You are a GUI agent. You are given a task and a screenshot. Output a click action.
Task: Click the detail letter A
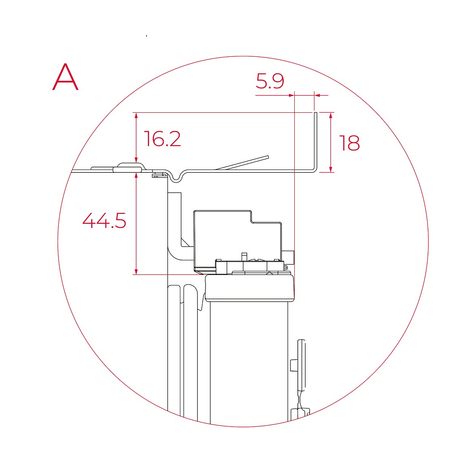pyautogui.click(x=65, y=77)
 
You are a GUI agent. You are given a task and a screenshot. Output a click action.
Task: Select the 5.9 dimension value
pyautogui.click(x=270, y=81)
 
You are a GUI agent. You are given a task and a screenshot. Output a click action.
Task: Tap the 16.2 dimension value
pyautogui.click(x=163, y=139)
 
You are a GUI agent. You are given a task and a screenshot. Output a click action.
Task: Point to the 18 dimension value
pyautogui.click(x=350, y=143)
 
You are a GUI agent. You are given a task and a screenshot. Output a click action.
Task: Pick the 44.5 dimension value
pyautogui.click(x=104, y=220)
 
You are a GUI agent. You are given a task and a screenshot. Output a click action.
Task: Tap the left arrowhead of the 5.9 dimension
pyautogui.click(x=291, y=95)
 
